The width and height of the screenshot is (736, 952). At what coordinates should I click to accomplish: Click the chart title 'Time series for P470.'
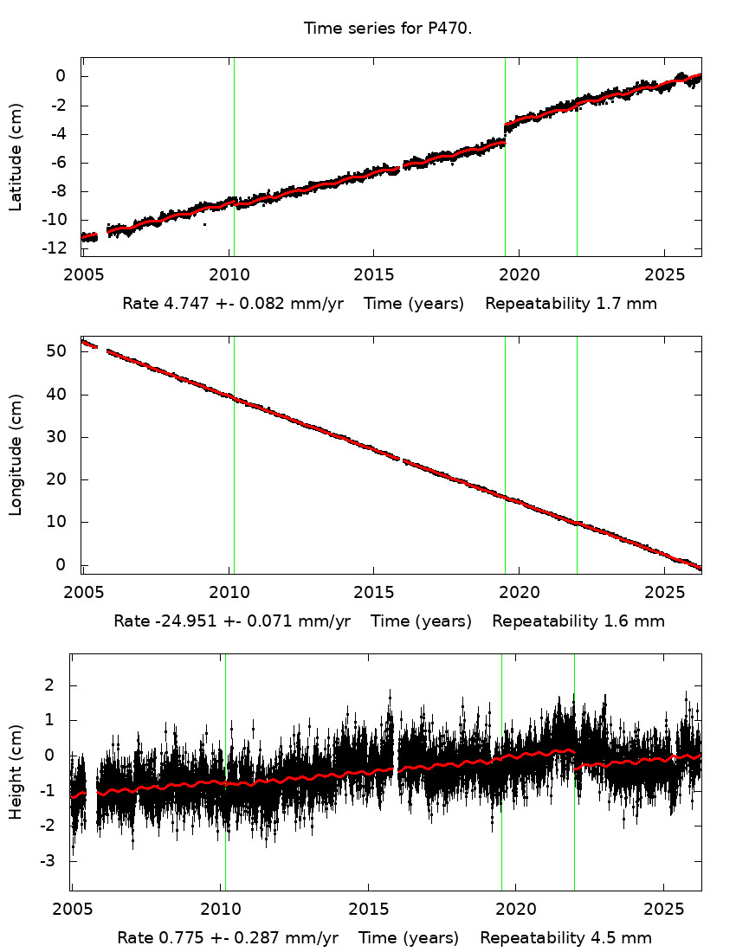pos(387,29)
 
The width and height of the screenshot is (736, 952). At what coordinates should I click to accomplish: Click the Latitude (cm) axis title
pos(16,157)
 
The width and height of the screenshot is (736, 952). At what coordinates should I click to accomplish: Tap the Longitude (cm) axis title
pos(16,454)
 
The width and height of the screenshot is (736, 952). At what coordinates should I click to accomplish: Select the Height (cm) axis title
pos(16,772)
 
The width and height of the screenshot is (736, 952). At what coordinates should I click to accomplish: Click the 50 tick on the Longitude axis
pos(59,351)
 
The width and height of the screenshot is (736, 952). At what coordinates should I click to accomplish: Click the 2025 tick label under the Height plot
pos(663,910)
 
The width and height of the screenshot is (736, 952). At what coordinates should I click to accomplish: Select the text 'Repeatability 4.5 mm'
pos(565,938)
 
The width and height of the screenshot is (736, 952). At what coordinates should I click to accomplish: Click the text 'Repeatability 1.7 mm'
pos(571,304)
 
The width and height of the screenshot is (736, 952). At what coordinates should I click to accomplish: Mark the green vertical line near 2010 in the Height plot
pos(225,770)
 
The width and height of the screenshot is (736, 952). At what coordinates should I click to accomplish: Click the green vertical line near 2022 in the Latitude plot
pos(577,156)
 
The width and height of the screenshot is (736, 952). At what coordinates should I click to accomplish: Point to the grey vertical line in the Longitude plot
pos(505,454)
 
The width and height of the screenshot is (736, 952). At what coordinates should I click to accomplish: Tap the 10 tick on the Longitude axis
pos(59,522)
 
